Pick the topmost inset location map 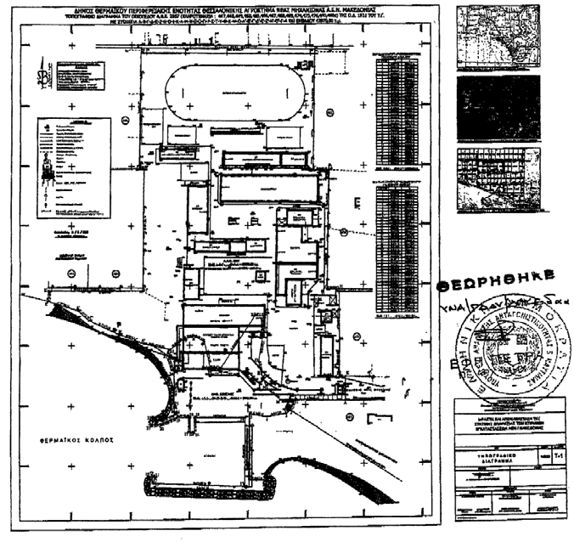[498, 36]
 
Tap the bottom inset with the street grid [498, 178]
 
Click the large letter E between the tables [357, 200]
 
